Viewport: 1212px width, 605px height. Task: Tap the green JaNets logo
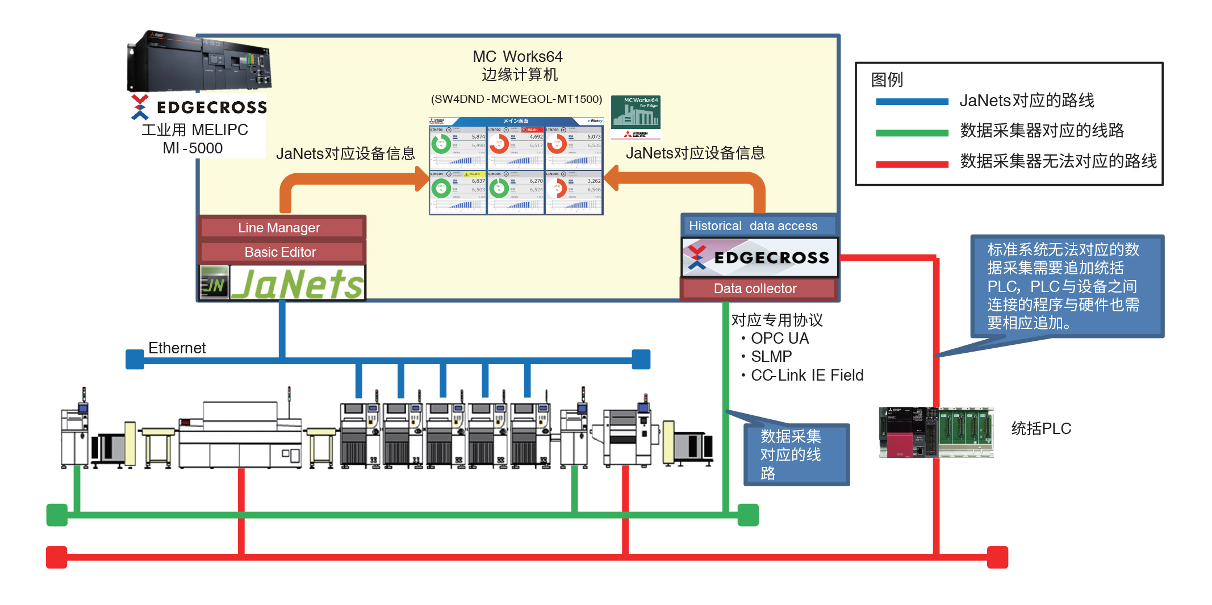point(297,283)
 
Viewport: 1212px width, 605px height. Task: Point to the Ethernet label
point(177,348)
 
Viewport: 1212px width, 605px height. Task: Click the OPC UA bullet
point(779,339)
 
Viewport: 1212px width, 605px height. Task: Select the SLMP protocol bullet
point(771,357)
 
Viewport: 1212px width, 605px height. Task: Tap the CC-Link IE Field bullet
point(806,375)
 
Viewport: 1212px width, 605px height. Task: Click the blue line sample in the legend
point(912,102)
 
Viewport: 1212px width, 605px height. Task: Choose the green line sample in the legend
point(912,133)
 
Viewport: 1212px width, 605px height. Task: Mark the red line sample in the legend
point(912,165)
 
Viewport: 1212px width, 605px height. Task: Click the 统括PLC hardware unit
point(936,432)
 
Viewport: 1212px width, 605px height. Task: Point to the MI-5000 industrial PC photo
point(198,61)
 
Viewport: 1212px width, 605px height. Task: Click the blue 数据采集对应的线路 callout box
point(796,454)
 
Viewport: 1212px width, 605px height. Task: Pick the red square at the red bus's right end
point(997,557)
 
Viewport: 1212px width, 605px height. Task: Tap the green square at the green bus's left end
point(57,515)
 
